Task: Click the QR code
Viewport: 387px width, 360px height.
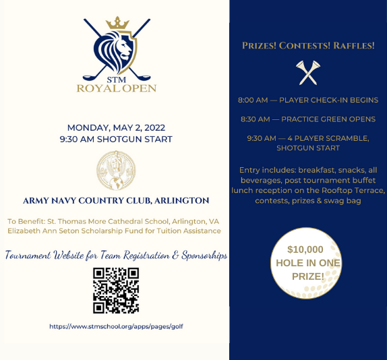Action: click(116, 291)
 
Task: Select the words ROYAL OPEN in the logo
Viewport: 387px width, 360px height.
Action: click(116, 88)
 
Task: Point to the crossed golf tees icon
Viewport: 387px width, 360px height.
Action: click(308, 72)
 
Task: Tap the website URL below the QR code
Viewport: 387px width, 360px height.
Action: click(116, 326)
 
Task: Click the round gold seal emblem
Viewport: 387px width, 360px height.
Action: click(116, 169)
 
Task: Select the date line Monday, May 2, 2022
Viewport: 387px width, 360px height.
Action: click(116, 127)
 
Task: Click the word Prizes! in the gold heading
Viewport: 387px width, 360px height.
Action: click(260, 46)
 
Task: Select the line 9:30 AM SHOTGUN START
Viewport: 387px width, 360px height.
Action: click(116, 139)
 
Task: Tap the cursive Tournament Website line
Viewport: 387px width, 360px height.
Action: click(116, 256)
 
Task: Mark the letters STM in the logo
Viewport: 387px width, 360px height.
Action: click(116, 78)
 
